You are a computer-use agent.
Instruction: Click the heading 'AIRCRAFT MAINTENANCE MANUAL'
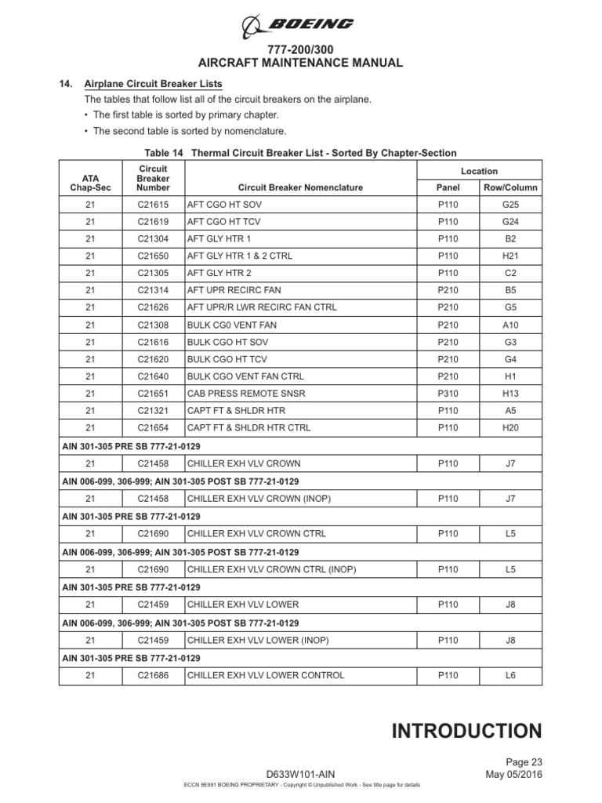[300, 64]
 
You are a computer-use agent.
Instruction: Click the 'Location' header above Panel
[479, 171]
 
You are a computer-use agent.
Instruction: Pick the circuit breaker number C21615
[152, 204]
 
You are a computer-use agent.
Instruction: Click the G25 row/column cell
[510, 204]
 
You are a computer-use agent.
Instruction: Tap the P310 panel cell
[448, 394]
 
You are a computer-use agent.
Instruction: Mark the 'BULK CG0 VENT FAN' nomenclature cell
[231, 325]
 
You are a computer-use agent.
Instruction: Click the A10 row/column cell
[510, 325]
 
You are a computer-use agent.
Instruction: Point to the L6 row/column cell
[510, 675]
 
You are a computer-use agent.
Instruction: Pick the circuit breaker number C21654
[152, 428]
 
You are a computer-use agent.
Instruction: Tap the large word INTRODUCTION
[466, 732]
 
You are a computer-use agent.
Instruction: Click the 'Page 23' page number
[524, 761]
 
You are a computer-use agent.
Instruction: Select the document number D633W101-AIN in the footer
[300, 774]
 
